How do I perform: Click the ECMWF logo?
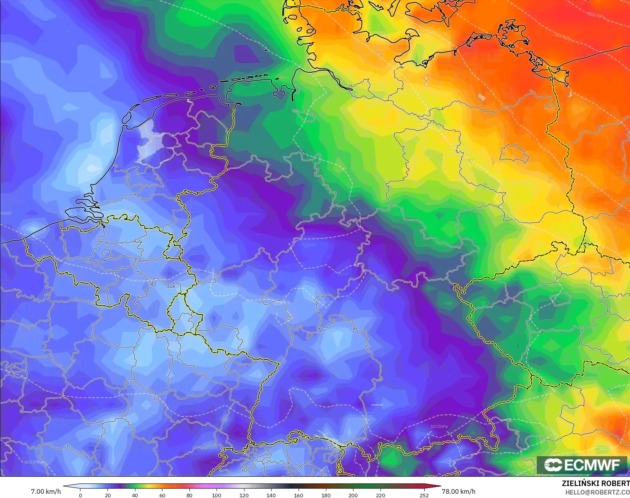point(582,465)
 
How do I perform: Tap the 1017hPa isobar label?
point(596,15)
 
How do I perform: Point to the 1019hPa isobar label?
point(563,38)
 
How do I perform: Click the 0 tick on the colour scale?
point(80,495)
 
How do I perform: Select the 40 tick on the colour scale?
point(135,495)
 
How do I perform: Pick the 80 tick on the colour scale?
point(189,495)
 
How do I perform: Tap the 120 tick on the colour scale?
point(244,495)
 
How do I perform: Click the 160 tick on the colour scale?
point(298,495)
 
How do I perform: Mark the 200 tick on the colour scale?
point(353,495)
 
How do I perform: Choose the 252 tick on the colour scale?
point(424,495)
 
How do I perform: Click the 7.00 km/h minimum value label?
point(46,491)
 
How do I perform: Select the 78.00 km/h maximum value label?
point(458,491)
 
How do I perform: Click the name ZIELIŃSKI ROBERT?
point(596,484)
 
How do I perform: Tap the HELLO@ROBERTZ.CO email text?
point(598,492)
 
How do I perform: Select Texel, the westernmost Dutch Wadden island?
point(127,117)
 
